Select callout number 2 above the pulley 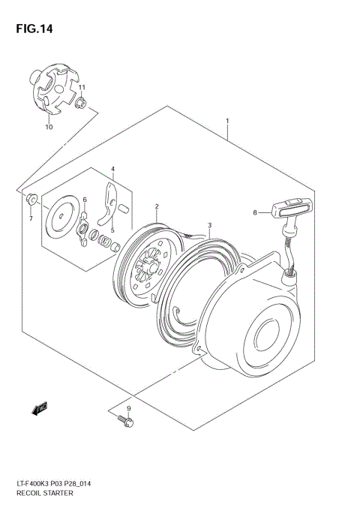tap(157, 206)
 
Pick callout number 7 tap(31, 218)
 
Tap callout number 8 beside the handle tap(255, 212)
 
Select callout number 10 tap(49, 128)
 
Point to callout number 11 tap(82, 88)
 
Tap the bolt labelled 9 tap(125, 422)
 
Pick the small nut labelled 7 tap(31, 200)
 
